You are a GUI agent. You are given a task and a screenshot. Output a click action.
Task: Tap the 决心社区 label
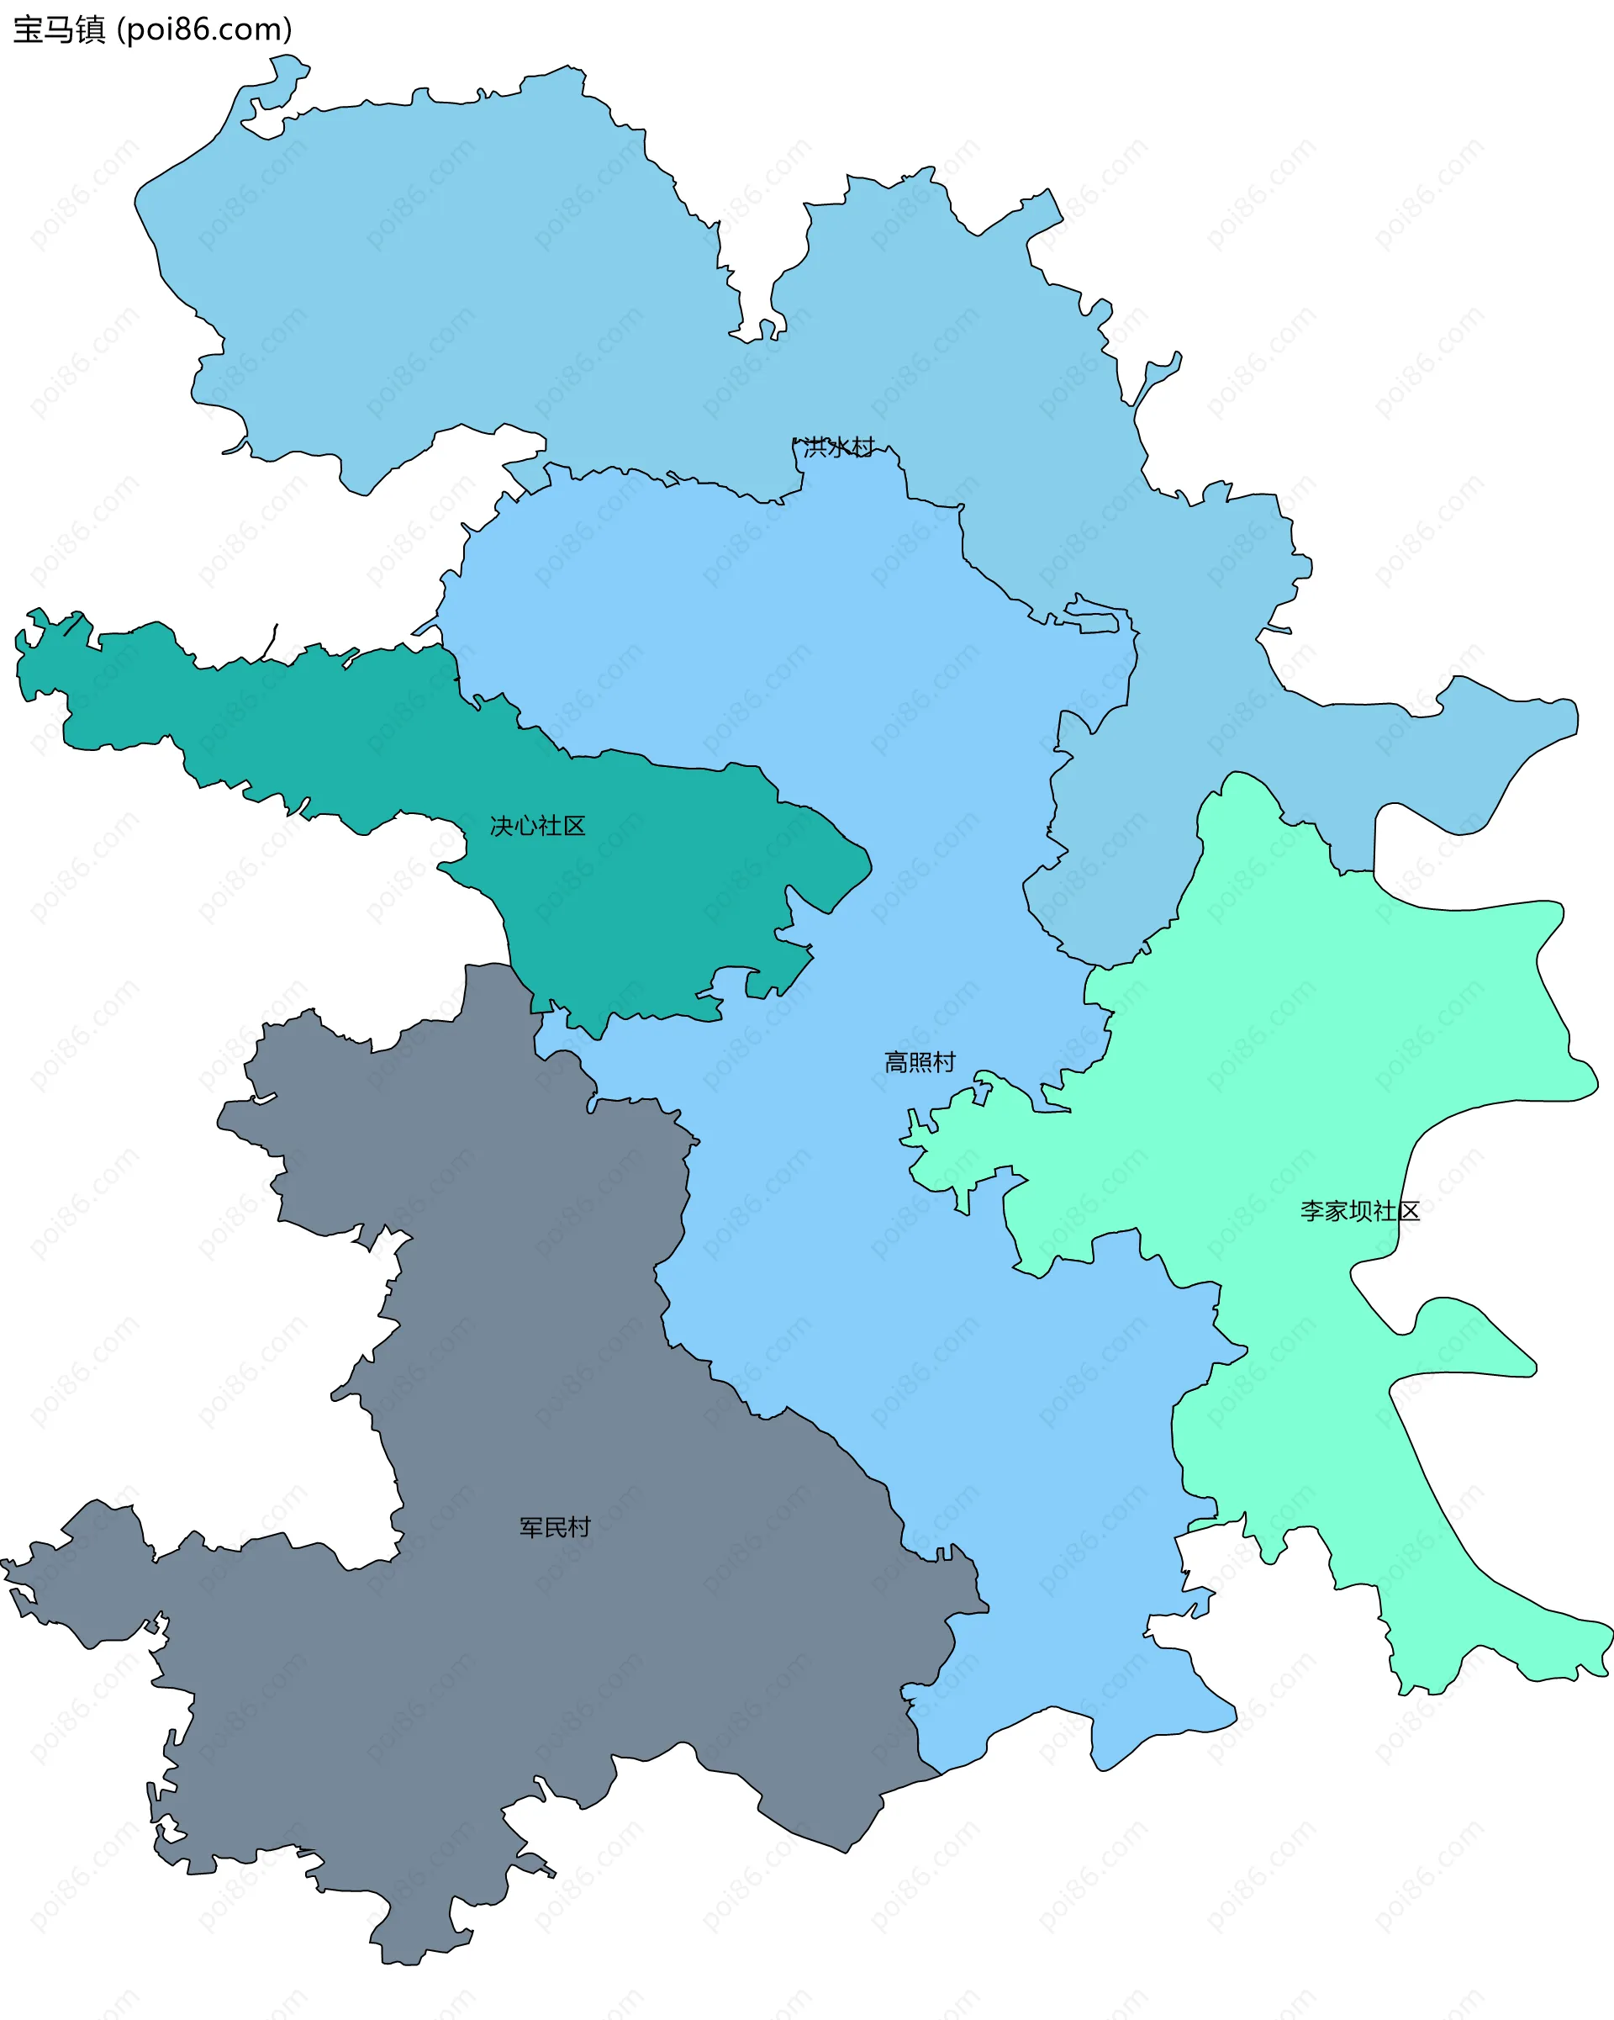538,826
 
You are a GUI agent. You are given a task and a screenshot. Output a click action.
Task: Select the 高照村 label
920,1061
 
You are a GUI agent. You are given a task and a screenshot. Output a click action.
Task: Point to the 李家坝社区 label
1359,1210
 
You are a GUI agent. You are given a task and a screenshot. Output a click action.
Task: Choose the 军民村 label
555,1527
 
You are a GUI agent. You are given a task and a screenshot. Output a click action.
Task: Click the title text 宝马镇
59,30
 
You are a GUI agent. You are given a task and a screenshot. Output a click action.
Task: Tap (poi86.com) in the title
204,30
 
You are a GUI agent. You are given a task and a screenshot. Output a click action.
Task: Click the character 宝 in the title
28,30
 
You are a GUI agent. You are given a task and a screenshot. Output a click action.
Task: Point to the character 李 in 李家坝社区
1311,1210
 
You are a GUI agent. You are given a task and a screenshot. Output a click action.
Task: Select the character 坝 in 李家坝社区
1360,1210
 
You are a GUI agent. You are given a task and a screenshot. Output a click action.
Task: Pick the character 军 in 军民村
531,1527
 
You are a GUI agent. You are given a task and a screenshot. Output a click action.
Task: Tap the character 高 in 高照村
896,1061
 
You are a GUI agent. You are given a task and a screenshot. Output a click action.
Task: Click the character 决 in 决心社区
502,826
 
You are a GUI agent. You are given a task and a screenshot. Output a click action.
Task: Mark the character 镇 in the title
91,30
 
